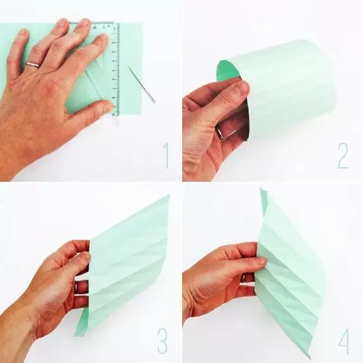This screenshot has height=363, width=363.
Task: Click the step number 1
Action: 166,155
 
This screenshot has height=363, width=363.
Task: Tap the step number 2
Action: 343,155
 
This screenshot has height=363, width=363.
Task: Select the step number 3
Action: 162,341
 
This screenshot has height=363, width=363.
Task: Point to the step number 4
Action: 344,341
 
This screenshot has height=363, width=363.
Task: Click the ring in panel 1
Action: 32,64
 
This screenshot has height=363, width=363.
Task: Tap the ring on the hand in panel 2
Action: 225,133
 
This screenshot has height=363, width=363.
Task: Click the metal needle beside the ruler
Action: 141,84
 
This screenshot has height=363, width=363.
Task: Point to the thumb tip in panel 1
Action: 108,106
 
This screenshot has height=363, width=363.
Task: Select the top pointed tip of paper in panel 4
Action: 260,188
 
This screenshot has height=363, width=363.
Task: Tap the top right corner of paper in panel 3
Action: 169,195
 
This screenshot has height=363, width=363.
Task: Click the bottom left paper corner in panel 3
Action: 75,336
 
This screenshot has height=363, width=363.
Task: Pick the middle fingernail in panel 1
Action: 83,22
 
